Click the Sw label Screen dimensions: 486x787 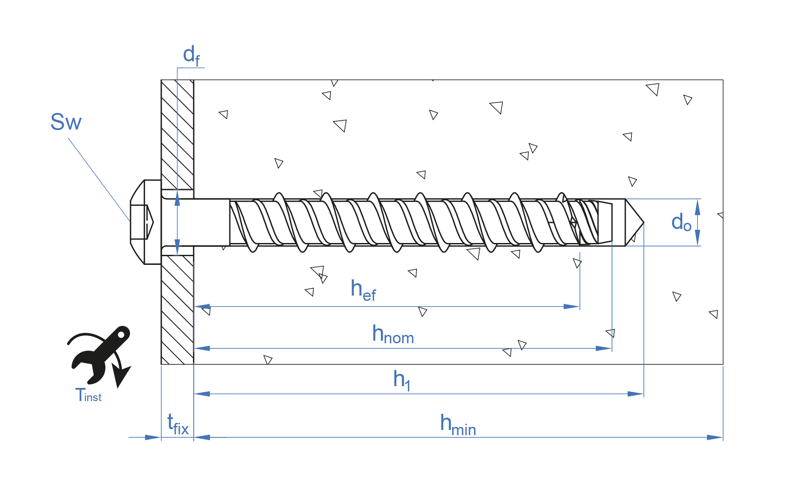pos(66,122)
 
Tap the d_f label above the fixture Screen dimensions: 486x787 pos(191,56)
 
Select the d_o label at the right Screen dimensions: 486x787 pos(681,222)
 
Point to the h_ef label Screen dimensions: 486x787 pos(363,290)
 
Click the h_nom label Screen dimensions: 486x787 pos(393,335)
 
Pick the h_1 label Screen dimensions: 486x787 pos(402,380)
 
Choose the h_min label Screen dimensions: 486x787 pos(458,425)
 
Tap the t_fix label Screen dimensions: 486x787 pos(178,424)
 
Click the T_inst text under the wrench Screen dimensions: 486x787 pos(88,395)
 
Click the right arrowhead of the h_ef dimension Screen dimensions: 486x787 pos(572,306)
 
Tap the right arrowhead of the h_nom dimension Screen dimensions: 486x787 pos(604,349)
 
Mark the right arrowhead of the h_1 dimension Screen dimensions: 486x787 pos(635,394)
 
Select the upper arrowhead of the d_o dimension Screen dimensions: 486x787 pos(698,207)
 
